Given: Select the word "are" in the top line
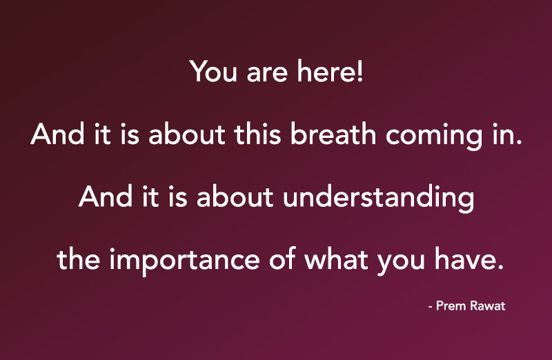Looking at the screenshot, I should click(262, 74).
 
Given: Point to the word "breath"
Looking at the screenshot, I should click(335, 134).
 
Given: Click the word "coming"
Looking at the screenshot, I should click(430, 137).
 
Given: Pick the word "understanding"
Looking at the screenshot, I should click(379, 198).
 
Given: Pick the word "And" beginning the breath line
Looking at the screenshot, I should click(54, 134).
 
